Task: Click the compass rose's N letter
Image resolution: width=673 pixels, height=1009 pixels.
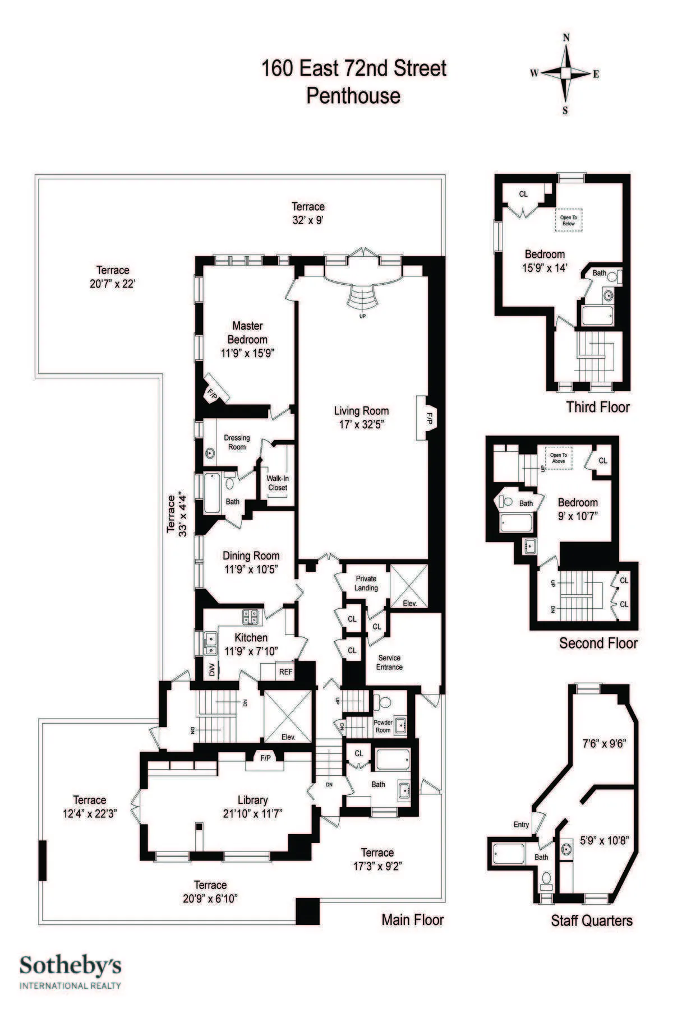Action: tap(566, 38)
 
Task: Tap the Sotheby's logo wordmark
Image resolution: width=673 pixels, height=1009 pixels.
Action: tap(71, 965)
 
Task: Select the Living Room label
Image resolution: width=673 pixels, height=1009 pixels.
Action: tap(361, 411)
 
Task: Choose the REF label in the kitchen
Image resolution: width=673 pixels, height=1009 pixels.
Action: tap(286, 671)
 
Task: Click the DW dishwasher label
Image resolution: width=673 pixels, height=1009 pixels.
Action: tap(211, 670)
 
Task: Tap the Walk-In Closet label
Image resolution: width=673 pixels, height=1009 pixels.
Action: tap(278, 483)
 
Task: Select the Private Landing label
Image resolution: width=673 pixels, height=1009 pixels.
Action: tap(366, 583)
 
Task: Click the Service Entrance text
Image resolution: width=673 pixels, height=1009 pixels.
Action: tap(389, 662)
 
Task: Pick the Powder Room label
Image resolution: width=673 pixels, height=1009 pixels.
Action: tap(383, 726)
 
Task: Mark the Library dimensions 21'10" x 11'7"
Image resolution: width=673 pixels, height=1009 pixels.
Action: tap(252, 813)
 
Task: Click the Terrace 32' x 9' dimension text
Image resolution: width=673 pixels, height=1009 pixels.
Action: tap(308, 220)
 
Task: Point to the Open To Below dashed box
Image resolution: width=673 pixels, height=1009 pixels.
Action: tap(568, 220)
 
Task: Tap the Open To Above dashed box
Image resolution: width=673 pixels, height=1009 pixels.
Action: tap(558, 458)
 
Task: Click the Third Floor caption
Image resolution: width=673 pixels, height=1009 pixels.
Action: tap(598, 407)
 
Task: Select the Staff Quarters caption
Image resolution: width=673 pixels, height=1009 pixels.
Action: tap(591, 920)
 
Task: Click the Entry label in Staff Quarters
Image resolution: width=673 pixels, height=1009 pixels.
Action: tap(521, 825)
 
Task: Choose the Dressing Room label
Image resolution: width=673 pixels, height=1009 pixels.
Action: tap(237, 442)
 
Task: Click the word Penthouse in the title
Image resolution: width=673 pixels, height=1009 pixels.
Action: tap(353, 96)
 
